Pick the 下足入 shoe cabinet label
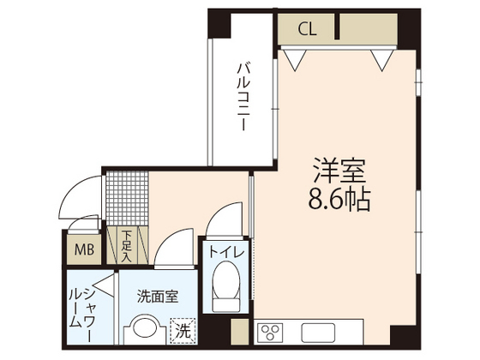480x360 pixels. [x=126, y=244]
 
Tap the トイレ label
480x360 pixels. [x=226, y=253]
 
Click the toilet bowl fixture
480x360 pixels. [x=226, y=287]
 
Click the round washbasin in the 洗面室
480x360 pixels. [x=147, y=330]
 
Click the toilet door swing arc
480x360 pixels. [x=225, y=219]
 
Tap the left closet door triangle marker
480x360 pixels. [x=295, y=57]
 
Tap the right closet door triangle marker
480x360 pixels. [x=381, y=57]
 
